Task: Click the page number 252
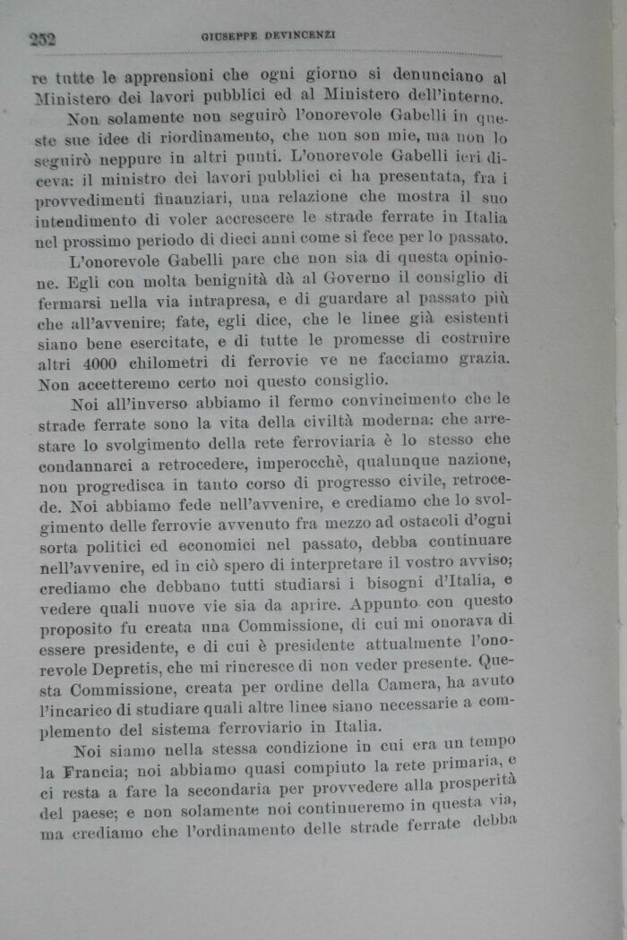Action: point(42,38)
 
